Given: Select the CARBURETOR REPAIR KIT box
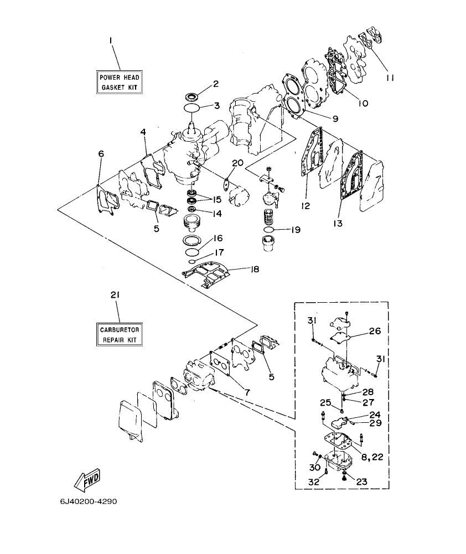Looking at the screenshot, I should point(118,334).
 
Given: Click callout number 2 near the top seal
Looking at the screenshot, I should point(216,84).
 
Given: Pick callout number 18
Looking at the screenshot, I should point(255,270).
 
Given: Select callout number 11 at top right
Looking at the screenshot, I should point(390,78).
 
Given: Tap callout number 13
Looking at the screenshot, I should point(338,224).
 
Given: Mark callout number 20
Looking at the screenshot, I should point(237,163).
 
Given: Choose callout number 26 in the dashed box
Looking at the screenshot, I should point(375,332).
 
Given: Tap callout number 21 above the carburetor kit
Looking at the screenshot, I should point(115,296).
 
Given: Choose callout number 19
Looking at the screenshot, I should point(296,229).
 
